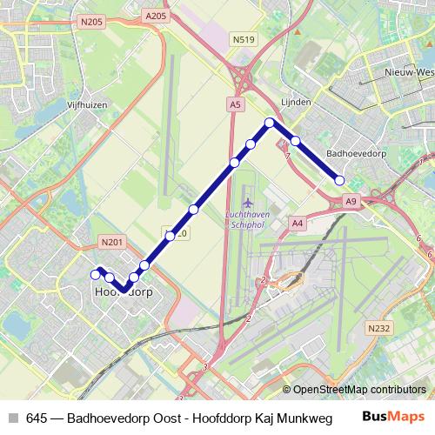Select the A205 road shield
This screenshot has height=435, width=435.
point(156,17)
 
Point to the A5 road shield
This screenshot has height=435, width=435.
point(235,104)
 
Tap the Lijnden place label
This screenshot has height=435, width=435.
point(297,102)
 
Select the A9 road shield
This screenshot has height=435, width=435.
point(350,202)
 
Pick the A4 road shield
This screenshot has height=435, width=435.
point(298,223)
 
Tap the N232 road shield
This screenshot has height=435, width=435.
point(378,328)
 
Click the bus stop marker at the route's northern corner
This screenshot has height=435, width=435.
point(271,123)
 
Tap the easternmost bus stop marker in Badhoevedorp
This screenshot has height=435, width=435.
point(340,180)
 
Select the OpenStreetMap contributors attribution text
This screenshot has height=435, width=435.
point(358,391)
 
